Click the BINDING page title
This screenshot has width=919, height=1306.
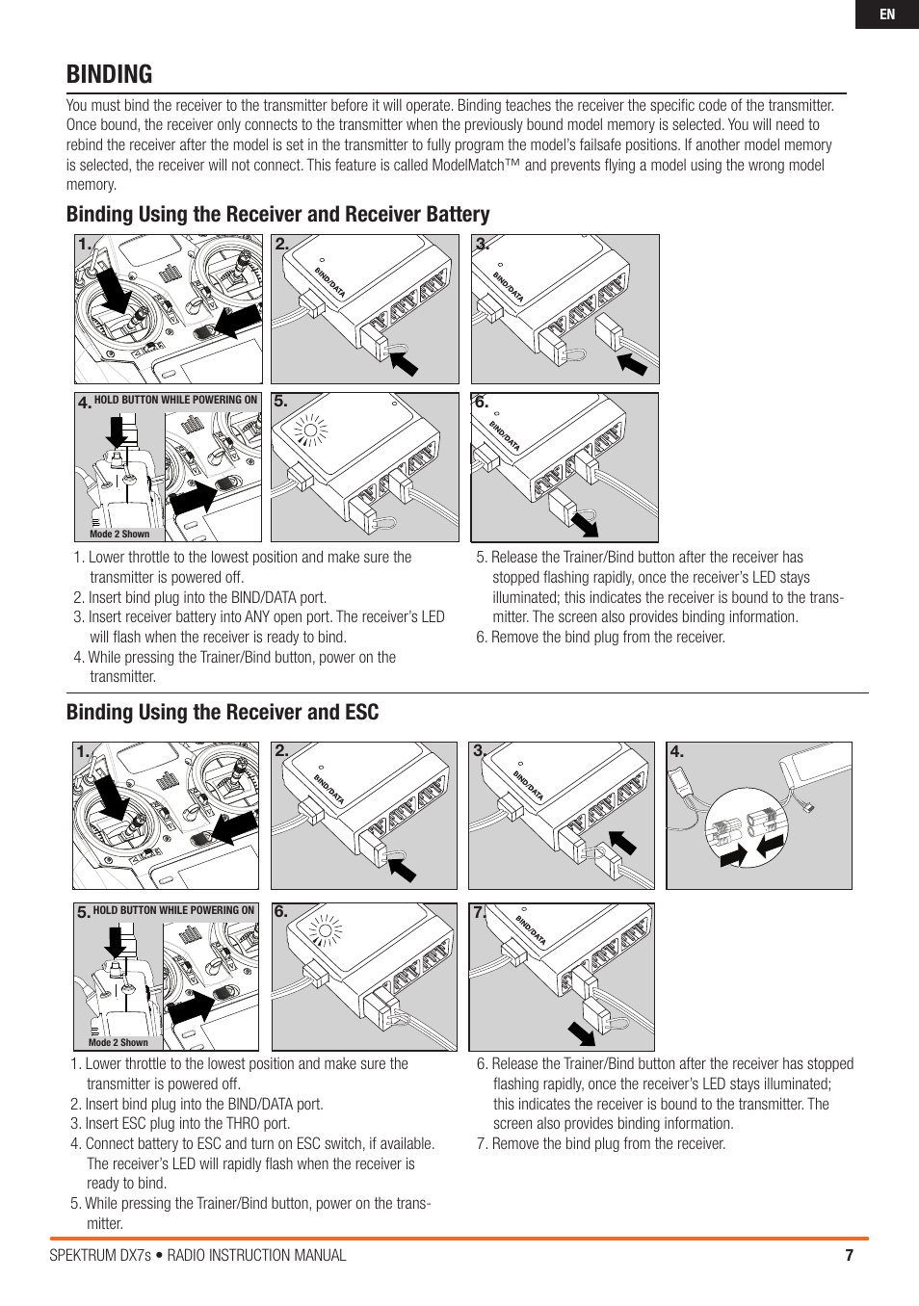tap(110, 74)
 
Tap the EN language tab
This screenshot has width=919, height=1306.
tap(886, 14)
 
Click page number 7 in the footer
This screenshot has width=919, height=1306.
tap(849, 1255)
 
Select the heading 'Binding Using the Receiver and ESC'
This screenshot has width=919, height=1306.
tap(223, 712)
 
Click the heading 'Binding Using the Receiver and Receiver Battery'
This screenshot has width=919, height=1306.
tap(277, 214)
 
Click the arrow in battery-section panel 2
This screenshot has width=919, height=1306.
tap(404, 362)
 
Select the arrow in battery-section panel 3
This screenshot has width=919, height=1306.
tap(632, 363)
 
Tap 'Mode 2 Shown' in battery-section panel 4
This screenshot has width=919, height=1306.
tap(119, 534)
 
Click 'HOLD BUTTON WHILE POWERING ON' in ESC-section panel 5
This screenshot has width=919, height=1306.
tap(173, 910)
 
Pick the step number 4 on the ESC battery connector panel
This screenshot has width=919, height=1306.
tap(676, 751)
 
